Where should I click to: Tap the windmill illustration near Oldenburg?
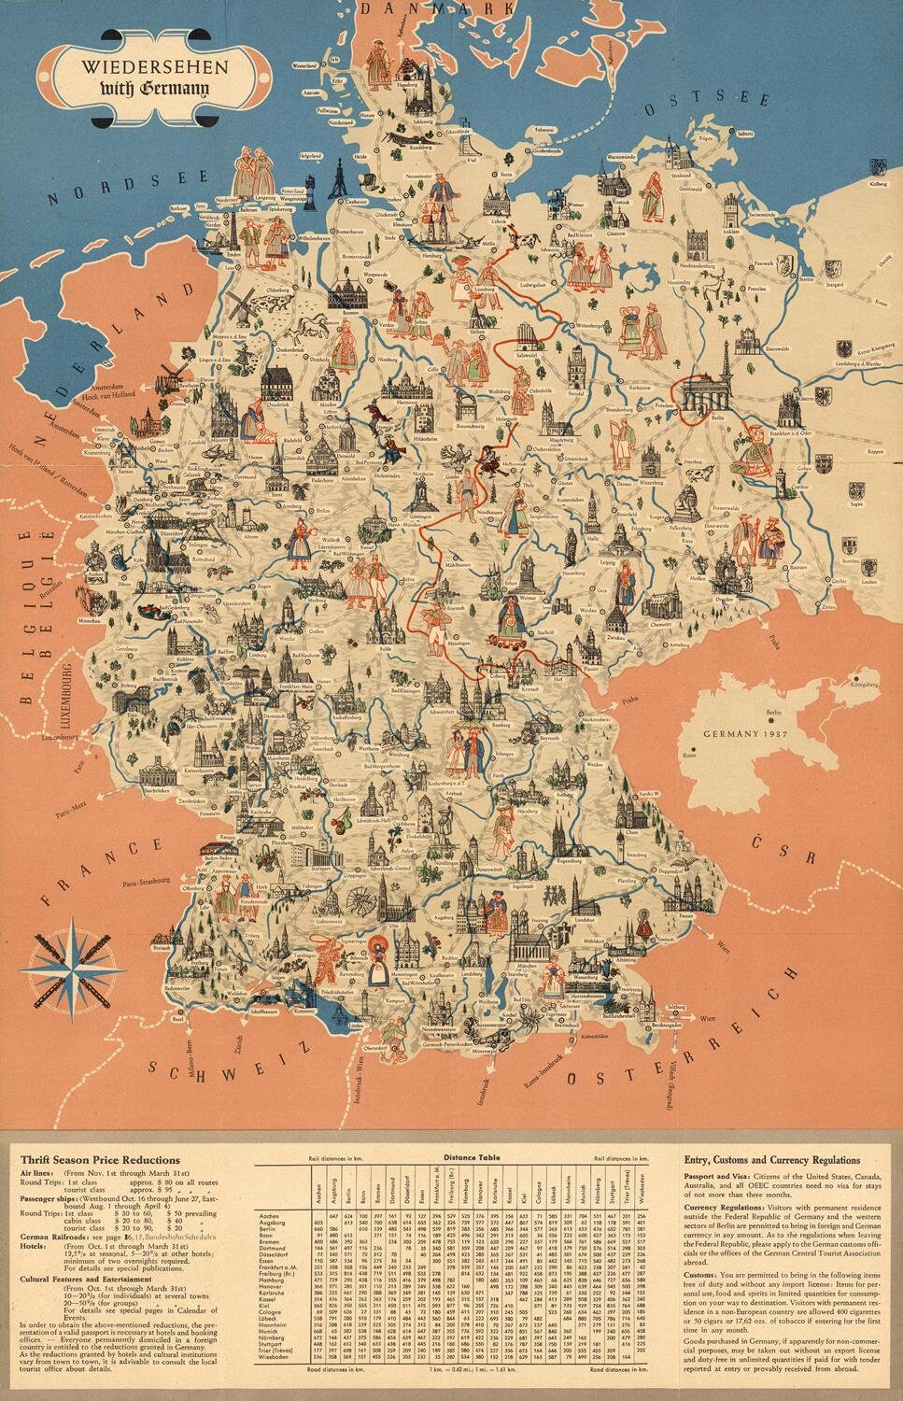(241, 301)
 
